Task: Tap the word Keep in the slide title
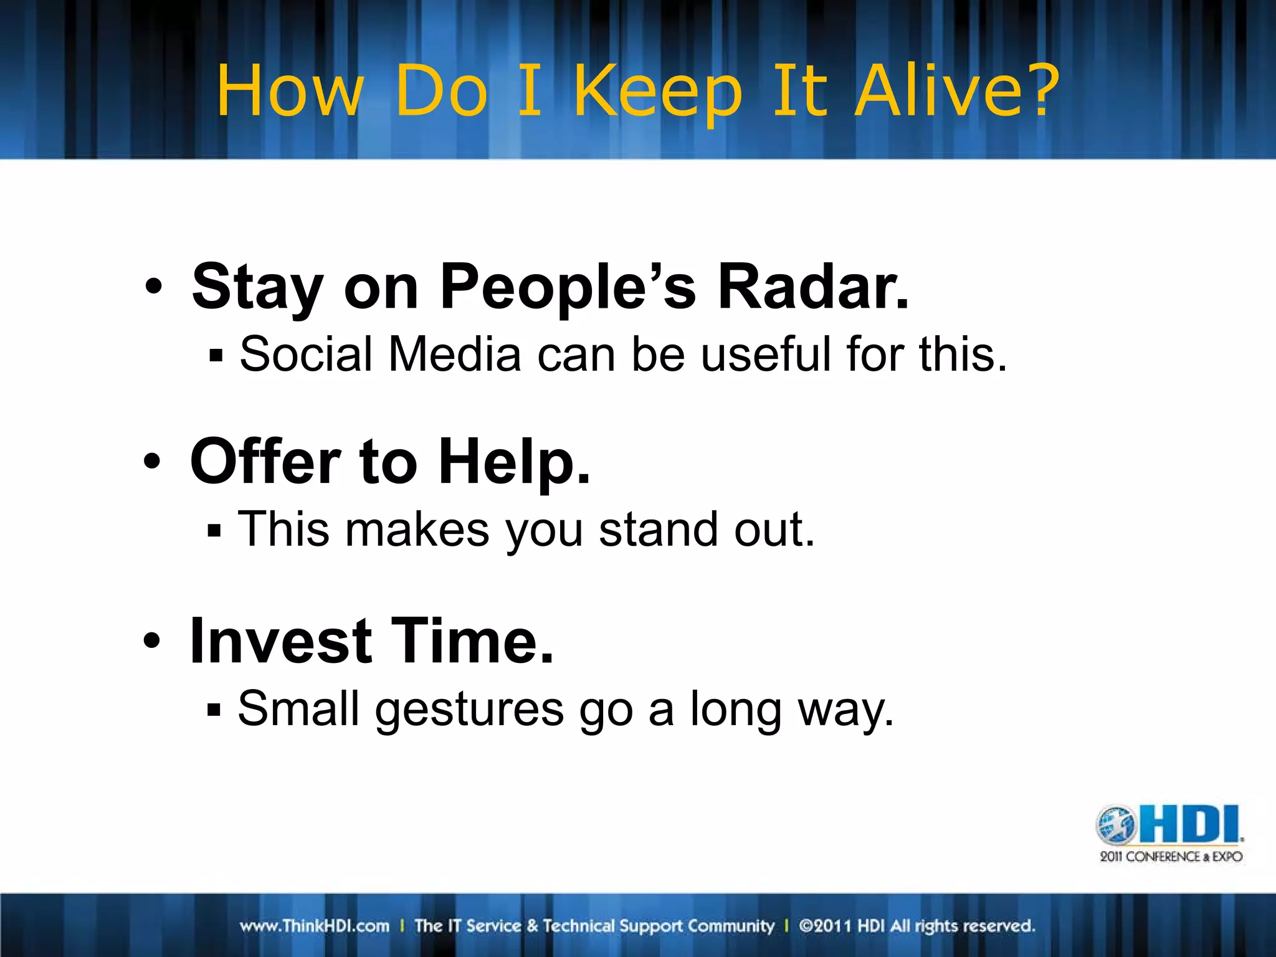click(x=657, y=93)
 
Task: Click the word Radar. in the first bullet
click(x=813, y=287)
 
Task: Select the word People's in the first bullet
click(x=567, y=288)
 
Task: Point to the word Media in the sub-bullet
click(x=454, y=355)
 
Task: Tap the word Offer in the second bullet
click(x=265, y=462)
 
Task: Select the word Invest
click(x=281, y=641)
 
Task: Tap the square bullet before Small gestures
click(x=214, y=710)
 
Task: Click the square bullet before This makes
click(x=214, y=531)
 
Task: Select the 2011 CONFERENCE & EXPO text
click(x=1171, y=857)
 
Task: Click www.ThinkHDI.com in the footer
click(x=315, y=926)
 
